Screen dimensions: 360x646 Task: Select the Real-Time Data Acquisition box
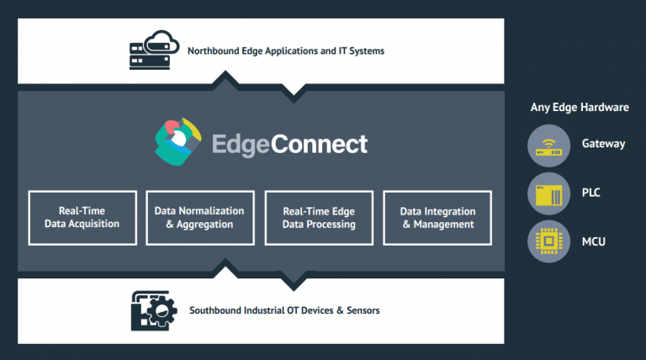coord(82,218)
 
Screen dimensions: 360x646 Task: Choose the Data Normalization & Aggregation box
coord(199,218)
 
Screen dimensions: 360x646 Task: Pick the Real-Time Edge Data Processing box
coord(318,218)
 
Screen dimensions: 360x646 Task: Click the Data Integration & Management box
coord(437,218)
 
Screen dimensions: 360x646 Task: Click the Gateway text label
coord(603,144)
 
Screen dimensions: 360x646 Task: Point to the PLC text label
coord(592,193)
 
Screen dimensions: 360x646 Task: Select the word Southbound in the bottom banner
coord(215,310)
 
